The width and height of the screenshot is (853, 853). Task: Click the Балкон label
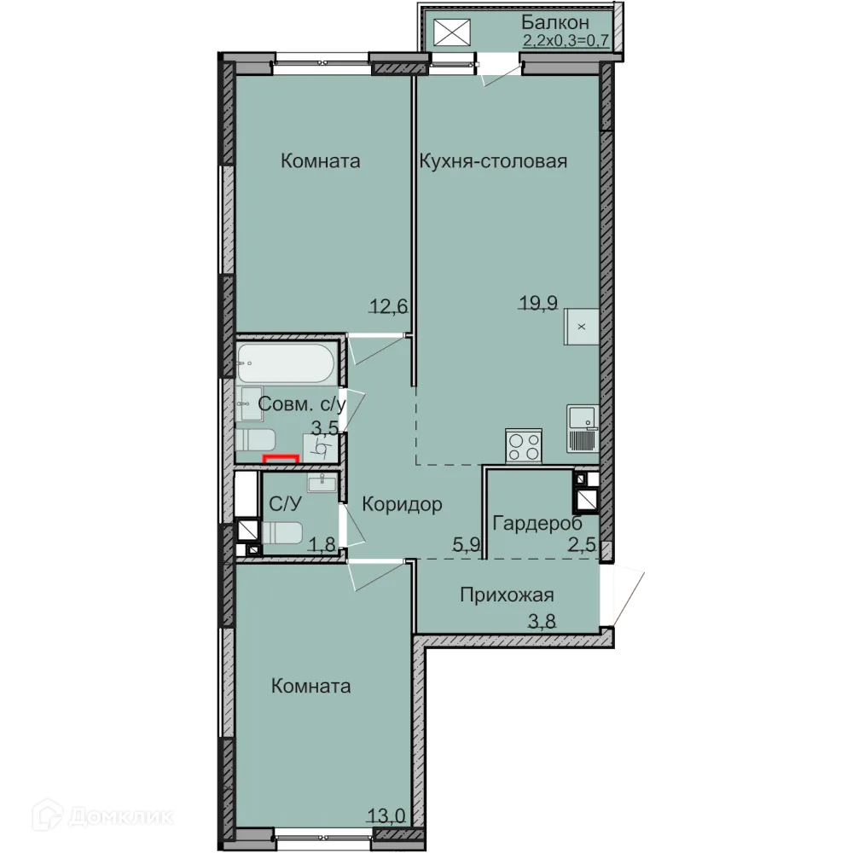(x=555, y=22)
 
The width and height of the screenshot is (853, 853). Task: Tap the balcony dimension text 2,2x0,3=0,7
(x=566, y=40)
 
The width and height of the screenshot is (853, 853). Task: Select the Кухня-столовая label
(x=493, y=161)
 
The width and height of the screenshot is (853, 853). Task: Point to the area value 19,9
(x=538, y=303)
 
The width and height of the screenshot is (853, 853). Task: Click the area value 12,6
(x=389, y=306)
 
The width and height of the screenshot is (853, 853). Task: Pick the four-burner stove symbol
(x=524, y=446)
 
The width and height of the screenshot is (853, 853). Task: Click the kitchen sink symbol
(x=583, y=429)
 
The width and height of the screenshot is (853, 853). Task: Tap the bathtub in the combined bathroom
(x=286, y=363)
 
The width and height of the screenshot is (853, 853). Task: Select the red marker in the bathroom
(x=281, y=457)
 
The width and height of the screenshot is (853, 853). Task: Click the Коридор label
(x=402, y=504)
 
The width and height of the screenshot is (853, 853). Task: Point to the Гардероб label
(x=537, y=524)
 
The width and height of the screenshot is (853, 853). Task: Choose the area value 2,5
(x=582, y=544)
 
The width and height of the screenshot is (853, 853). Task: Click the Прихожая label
(x=507, y=595)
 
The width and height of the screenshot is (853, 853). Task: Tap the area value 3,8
(x=542, y=621)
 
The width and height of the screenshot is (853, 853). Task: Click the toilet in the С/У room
(x=282, y=532)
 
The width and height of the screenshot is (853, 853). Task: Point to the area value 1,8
(x=323, y=543)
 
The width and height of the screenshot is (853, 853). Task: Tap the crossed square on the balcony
(x=451, y=32)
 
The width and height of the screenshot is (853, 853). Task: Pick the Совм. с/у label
(x=302, y=404)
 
